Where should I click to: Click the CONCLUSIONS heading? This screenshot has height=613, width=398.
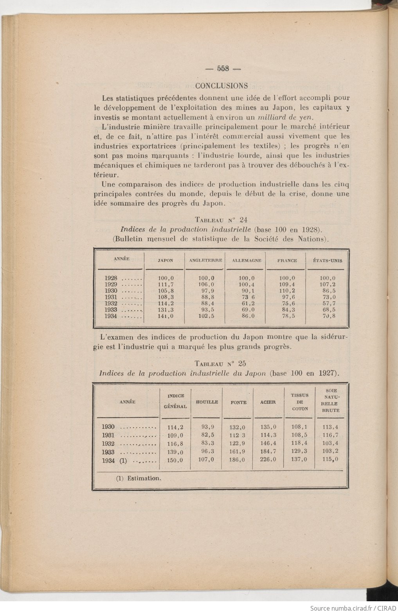pyautogui.click(x=222, y=85)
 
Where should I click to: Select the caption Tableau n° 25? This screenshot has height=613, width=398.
pyautogui.click(x=220, y=363)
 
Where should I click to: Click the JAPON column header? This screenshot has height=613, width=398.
pyautogui.click(x=165, y=260)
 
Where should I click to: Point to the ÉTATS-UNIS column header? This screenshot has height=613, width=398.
pyautogui.click(x=328, y=260)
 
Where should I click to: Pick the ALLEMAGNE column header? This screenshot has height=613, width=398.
pyautogui.click(x=247, y=260)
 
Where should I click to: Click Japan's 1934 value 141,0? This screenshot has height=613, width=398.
pyautogui.click(x=165, y=316)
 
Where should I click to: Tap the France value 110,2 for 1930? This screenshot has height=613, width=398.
pyautogui.click(x=287, y=291)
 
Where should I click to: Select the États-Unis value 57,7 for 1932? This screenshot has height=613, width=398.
pyautogui.click(x=328, y=303)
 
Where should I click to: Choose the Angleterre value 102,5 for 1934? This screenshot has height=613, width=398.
pyautogui.click(x=206, y=316)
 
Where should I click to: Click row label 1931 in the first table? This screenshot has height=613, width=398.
pyautogui.click(x=111, y=297)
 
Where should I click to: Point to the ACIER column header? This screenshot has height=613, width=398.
pyautogui.click(x=268, y=402)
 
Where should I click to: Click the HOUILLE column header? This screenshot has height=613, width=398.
pyautogui.click(x=207, y=402)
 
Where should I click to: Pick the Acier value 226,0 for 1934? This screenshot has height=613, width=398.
pyautogui.click(x=268, y=460)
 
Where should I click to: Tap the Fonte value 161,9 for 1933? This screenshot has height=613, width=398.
pyautogui.click(x=237, y=452)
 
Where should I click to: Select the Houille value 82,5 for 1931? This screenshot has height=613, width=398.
pyautogui.click(x=206, y=435)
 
